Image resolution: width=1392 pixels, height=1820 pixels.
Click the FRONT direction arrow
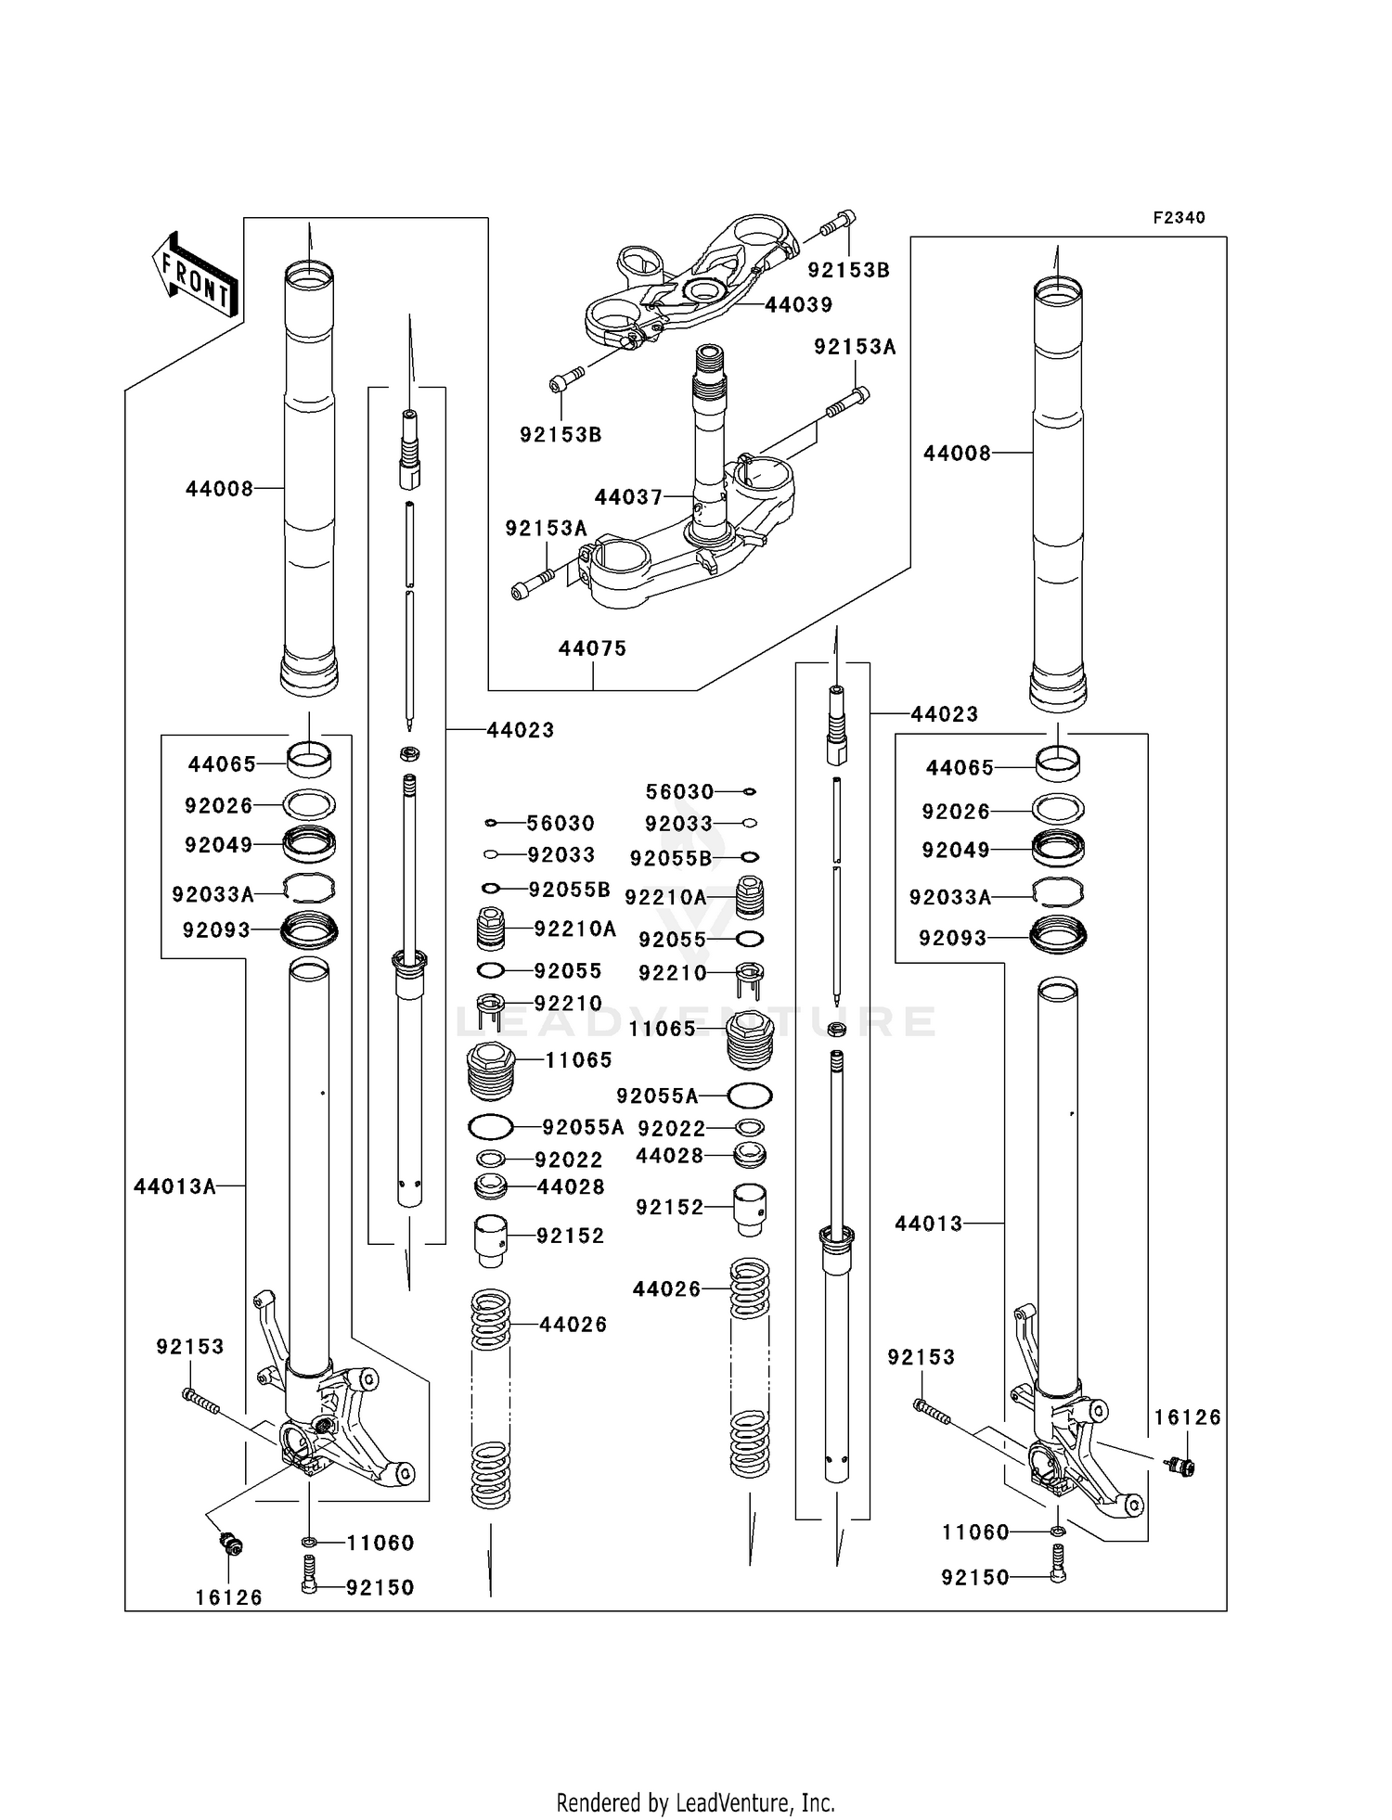(195, 276)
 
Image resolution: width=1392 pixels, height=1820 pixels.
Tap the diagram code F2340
(1179, 218)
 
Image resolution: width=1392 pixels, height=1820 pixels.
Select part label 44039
(798, 305)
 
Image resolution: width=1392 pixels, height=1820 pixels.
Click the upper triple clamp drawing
(691, 283)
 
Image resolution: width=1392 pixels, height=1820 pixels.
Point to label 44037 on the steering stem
(628, 498)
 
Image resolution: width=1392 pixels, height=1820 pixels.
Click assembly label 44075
(592, 649)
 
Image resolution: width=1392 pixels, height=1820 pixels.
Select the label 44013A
(174, 1186)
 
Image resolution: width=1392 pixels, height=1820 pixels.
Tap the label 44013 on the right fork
(929, 1224)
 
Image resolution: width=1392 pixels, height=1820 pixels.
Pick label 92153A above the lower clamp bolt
(855, 347)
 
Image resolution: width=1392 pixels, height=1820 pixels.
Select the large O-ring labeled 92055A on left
(491, 1127)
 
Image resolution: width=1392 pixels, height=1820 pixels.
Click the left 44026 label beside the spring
(574, 1325)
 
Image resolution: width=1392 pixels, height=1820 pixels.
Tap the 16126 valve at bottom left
(229, 1544)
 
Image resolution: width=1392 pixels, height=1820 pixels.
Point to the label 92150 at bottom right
(974, 1577)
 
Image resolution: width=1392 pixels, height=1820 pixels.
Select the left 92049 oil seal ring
(309, 844)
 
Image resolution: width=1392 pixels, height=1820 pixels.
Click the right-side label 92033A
(950, 898)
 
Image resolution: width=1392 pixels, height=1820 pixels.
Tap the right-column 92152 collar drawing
(750, 1209)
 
